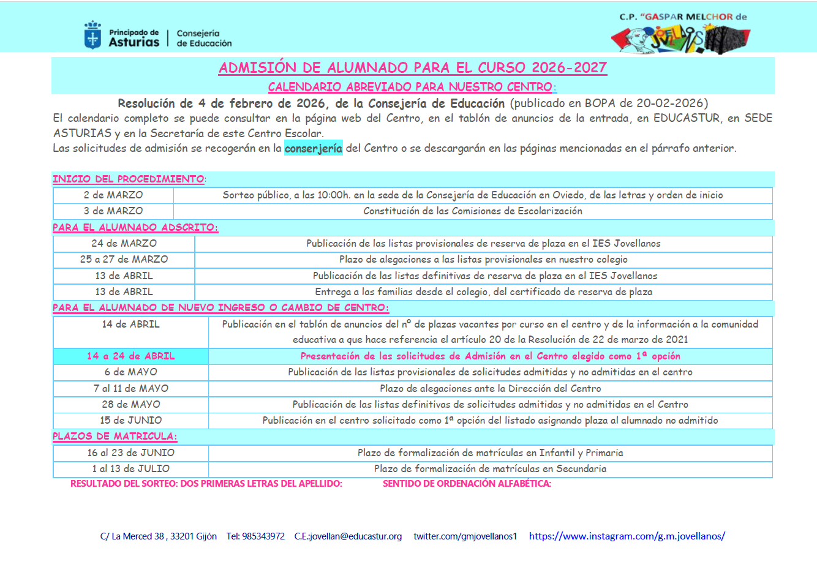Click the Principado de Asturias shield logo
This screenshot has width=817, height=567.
(x=92, y=35)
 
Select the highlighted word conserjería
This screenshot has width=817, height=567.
(x=313, y=148)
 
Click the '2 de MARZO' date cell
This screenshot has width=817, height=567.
(x=113, y=195)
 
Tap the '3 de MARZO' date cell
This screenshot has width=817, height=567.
(x=113, y=211)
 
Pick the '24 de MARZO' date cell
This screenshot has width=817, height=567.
(x=124, y=243)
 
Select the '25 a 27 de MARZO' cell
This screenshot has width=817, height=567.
(x=124, y=259)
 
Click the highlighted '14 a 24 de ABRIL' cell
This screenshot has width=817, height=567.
(x=130, y=356)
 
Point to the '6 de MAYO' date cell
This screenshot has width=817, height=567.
(x=130, y=372)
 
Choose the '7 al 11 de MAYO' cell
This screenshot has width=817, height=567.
(x=130, y=388)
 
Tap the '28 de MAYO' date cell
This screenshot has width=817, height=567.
(x=130, y=404)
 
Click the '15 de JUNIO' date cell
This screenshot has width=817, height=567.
(x=130, y=420)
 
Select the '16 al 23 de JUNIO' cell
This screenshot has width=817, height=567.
(x=130, y=452)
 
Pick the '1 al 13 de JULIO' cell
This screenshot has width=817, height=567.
(x=130, y=468)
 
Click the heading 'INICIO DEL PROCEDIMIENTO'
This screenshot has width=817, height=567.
(x=128, y=179)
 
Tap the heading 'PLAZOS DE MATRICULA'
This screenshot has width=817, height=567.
(x=115, y=436)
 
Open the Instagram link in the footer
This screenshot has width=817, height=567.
(x=627, y=536)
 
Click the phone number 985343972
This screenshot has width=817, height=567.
(x=264, y=536)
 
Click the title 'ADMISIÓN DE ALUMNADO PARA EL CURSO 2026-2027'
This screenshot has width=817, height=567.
(x=412, y=67)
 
